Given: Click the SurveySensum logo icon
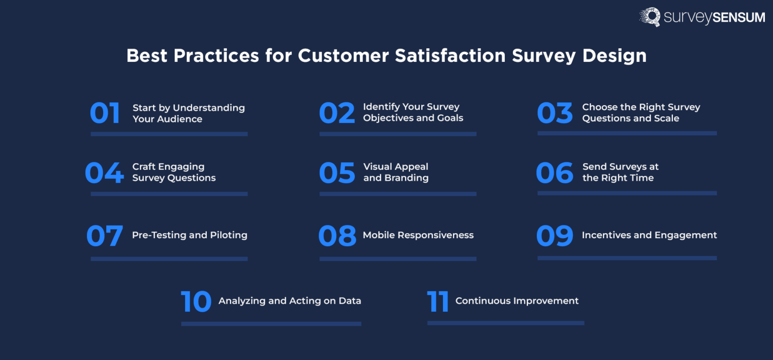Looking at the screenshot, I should coord(650,17).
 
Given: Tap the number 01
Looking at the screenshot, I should coord(105,113).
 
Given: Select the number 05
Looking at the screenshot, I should coord(337,173).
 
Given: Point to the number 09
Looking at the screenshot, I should coord(555,236).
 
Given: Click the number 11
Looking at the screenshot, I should coord(438,301).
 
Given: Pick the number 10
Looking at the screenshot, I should coord(196,301).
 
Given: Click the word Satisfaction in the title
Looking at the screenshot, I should coord(449,56).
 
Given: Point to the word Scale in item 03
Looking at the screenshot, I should coord(666,118).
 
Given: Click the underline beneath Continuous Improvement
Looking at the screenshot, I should coord(505,323).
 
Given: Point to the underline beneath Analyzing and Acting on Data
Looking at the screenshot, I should coord(271,324).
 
